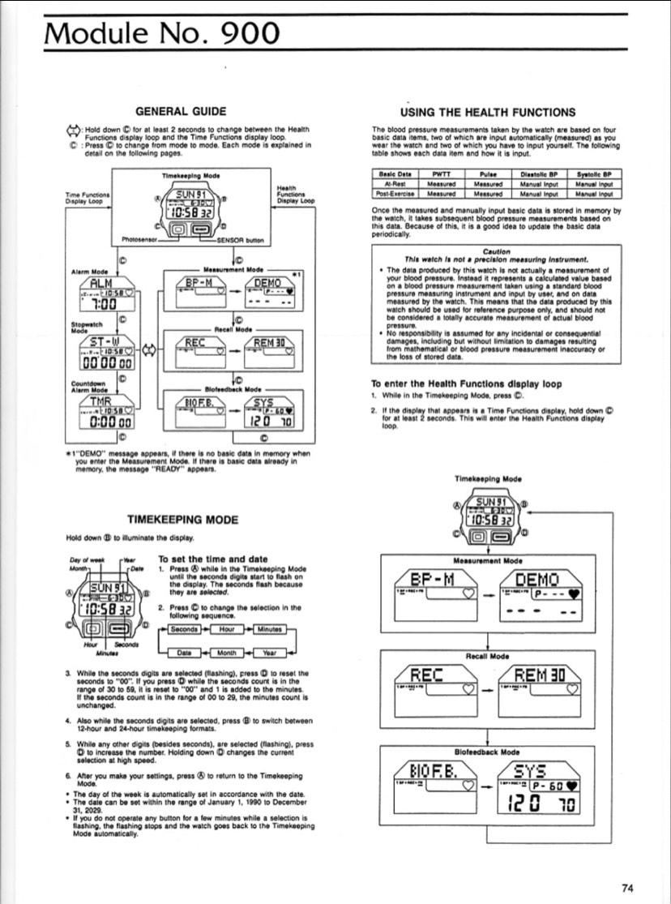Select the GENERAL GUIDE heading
point(180,111)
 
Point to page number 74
point(630,887)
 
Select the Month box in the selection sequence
point(225,652)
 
